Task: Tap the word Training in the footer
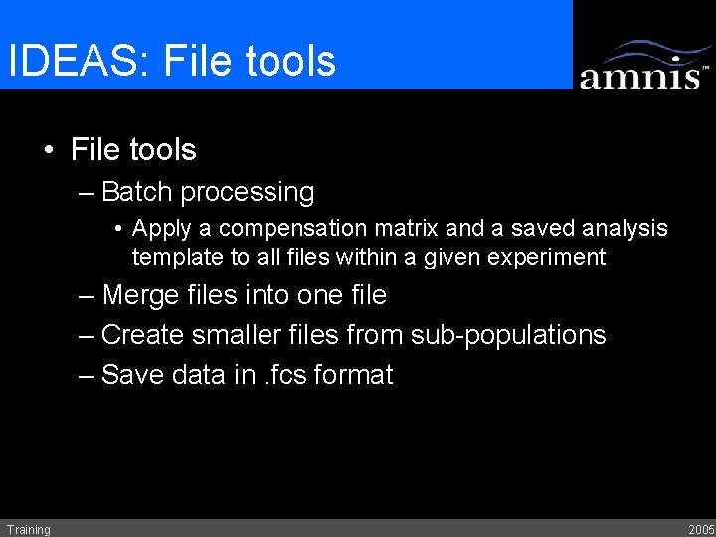tap(28, 529)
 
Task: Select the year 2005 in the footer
tap(700, 529)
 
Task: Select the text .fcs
tap(284, 375)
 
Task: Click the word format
tap(353, 375)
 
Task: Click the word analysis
tap(624, 229)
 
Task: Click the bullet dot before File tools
tap(49, 151)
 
